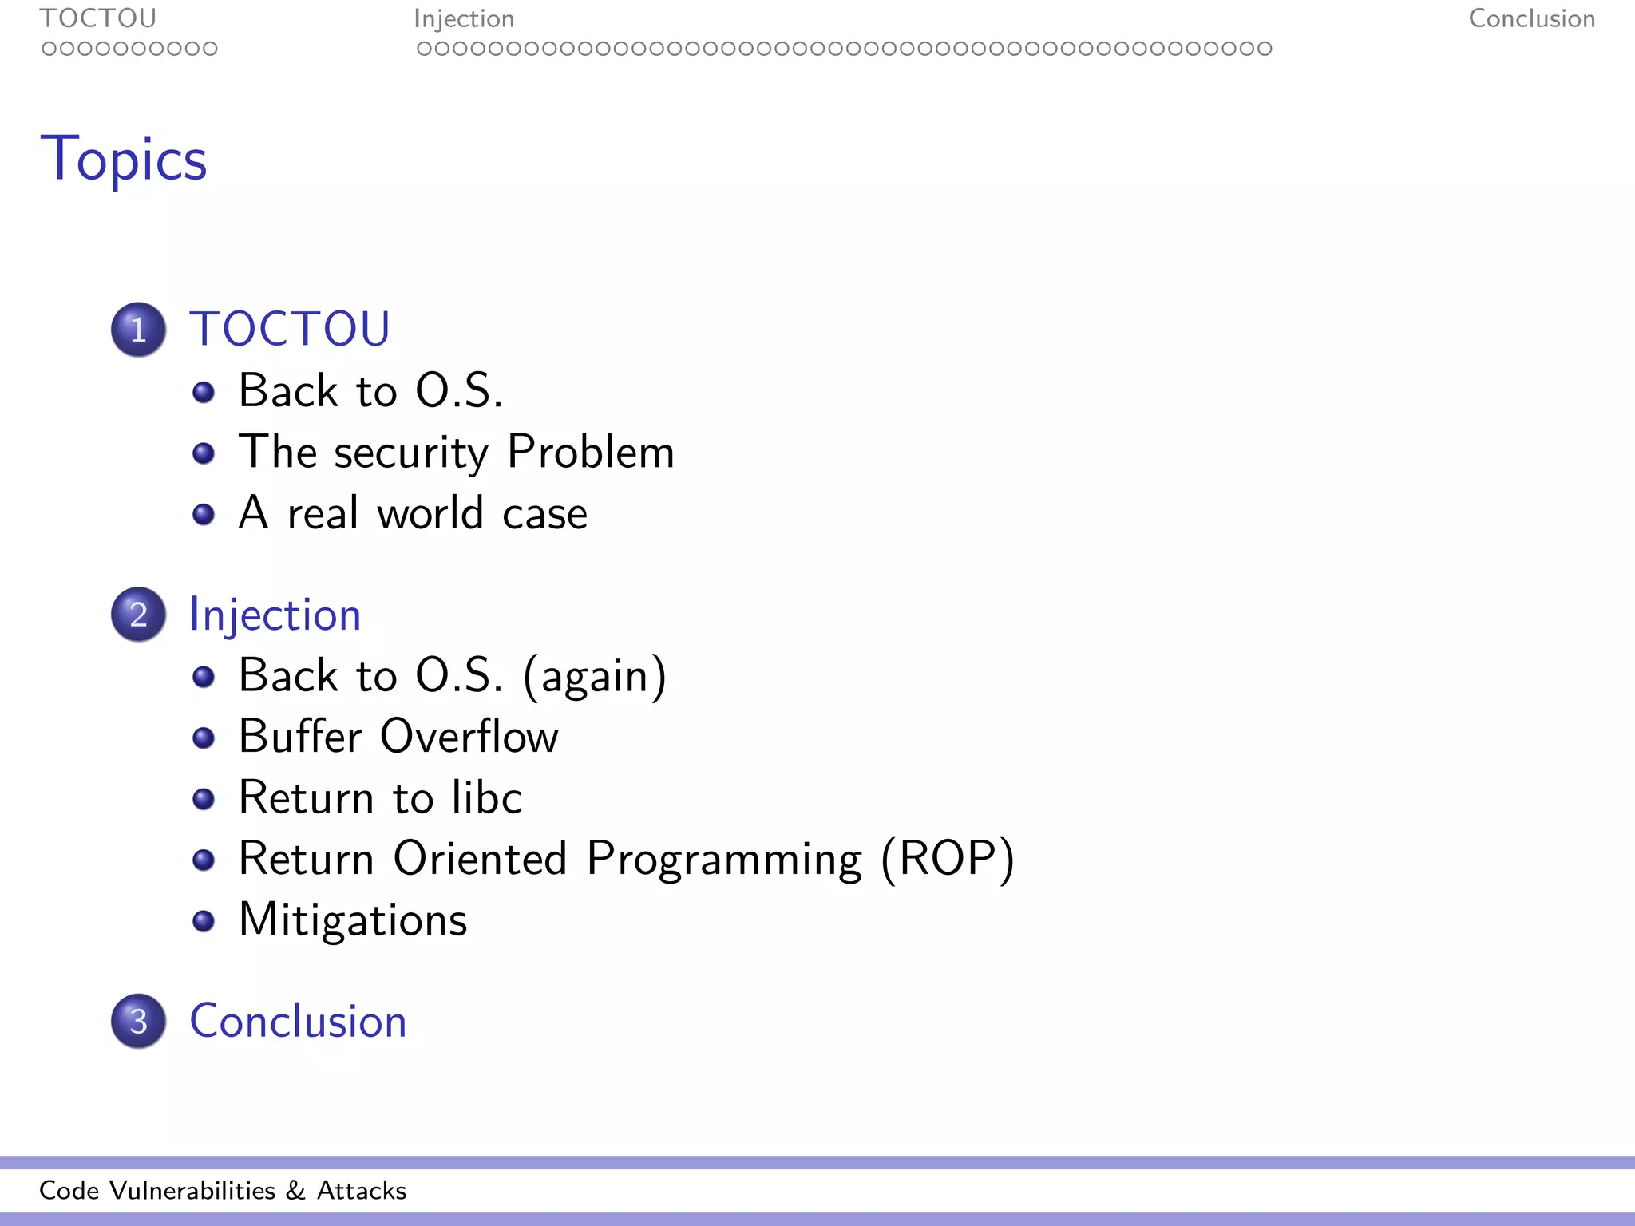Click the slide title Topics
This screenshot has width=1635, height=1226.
pos(124,160)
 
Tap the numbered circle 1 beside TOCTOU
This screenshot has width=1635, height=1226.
pos(139,330)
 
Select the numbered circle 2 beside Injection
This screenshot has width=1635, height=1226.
pos(139,615)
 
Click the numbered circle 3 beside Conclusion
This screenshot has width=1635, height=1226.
pos(139,1021)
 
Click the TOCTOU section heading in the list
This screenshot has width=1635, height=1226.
pos(289,329)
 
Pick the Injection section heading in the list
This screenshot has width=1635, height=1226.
pos(275,615)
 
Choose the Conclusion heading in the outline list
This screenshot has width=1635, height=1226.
pos(298,1021)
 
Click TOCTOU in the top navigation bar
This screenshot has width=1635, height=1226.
pos(98,18)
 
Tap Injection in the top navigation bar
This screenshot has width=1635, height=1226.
pos(464,19)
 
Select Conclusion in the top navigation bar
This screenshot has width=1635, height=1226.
pos(1531,18)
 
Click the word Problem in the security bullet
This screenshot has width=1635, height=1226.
pos(591,453)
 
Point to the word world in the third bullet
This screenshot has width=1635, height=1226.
pos(430,513)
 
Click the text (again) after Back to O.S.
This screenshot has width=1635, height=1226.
pos(595,677)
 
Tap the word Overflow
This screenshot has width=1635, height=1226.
pos(469,736)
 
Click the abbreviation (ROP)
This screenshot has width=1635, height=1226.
pos(948,859)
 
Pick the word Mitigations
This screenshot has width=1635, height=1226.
pos(353,920)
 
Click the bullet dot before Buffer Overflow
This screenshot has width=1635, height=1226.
pos(204,738)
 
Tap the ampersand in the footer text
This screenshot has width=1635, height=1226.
pos(295,1191)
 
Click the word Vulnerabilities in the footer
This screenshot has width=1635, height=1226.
pos(192,1191)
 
